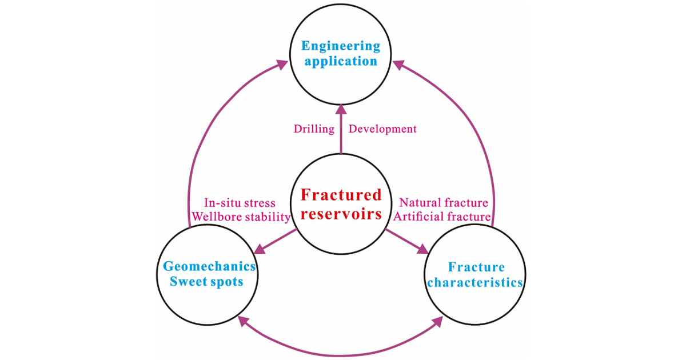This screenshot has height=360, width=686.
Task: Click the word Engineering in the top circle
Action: pyautogui.click(x=341, y=46)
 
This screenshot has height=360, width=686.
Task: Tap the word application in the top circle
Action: pyautogui.click(x=341, y=61)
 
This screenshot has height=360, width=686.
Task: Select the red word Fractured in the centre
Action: pyautogui.click(x=341, y=195)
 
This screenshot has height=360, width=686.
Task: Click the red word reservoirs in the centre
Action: pyautogui.click(x=341, y=214)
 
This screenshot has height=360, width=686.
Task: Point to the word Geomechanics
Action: pyautogui.click(x=209, y=266)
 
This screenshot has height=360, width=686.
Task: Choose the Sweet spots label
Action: pyautogui.click(x=208, y=281)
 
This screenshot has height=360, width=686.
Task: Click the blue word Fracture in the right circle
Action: pyautogui.click(x=476, y=267)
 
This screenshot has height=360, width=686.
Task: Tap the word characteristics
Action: pyautogui.click(x=475, y=282)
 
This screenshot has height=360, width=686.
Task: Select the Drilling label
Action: pyautogui.click(x=314, y=129)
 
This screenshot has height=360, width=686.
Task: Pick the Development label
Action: pyautogui.click(x=382, y=129)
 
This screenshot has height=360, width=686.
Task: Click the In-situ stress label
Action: pyautogui.click(x=240, y=203)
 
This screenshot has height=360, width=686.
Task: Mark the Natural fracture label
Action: pyautogui.click(x=443, y=203)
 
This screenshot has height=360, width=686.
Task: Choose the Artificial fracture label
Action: pyautogui.click(x=442, y=217)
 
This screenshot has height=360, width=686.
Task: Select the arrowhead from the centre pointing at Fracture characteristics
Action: pyautogui.click(x=424, y=250)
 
